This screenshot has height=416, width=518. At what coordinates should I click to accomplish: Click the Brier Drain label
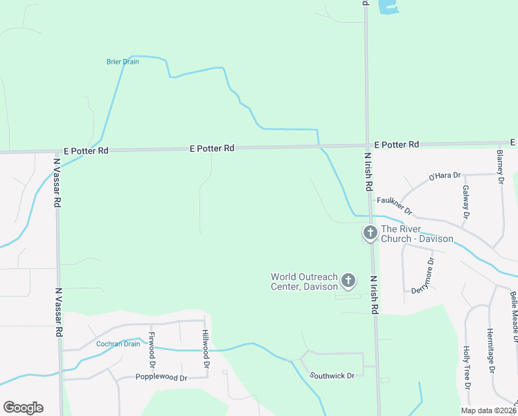123,62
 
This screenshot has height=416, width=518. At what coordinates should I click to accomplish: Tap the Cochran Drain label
118,344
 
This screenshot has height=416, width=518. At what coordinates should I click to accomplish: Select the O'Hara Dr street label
445,175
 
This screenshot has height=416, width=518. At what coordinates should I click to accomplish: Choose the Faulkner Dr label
394,205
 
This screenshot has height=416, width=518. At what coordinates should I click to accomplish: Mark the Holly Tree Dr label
467,366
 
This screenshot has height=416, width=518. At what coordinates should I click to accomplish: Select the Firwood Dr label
151,352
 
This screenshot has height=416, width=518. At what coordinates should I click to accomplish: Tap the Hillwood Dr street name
206,347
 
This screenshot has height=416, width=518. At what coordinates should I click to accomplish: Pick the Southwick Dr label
332,375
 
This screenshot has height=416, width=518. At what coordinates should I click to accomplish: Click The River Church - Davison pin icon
370,232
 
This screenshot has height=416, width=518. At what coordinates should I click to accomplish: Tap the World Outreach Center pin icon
348,281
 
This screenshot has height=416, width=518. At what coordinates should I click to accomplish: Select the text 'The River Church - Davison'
417,234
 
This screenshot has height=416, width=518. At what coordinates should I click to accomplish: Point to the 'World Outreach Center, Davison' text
304,281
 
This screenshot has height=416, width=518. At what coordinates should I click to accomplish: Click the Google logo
23,408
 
